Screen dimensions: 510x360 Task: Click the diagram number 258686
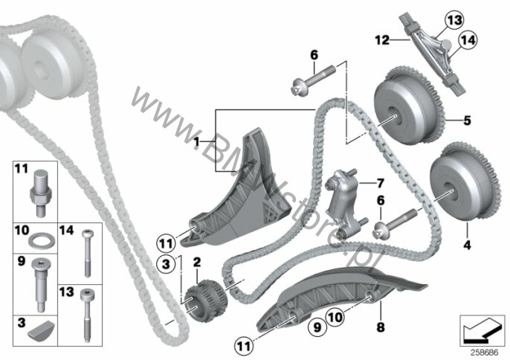coord(485,352)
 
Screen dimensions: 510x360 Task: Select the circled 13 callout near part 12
coord(454,21)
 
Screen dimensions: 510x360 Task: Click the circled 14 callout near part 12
coord(468,40)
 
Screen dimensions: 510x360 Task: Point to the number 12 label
coord(382,40)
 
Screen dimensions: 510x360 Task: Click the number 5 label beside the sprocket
coord(467,120)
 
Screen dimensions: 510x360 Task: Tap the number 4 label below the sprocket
coord(467,245)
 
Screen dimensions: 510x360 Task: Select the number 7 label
coord(380,183)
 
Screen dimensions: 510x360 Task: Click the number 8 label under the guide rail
coord(380,327)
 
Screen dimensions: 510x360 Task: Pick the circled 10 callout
coord(335,316)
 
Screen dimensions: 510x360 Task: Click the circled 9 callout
coord(317,327)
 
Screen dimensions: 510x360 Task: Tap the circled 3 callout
coord(166,263)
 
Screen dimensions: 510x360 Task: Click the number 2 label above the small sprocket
coord(197,263)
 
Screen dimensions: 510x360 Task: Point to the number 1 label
coord(196,142)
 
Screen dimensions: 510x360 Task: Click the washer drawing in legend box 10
coord(42,242)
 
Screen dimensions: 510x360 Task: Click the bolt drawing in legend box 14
coord(87,253)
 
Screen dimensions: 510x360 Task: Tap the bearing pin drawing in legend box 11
coord(41,193)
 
